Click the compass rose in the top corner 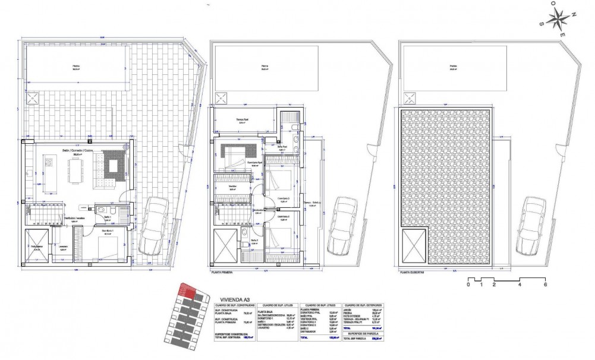pos(560,21)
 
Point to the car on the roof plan pos(531,226)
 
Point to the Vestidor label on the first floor pos(232,186)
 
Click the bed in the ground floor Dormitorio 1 pos(107,243)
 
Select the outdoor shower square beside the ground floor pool pos(32,98)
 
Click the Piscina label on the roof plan pos(453,67)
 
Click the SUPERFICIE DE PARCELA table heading pos(363,333)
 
